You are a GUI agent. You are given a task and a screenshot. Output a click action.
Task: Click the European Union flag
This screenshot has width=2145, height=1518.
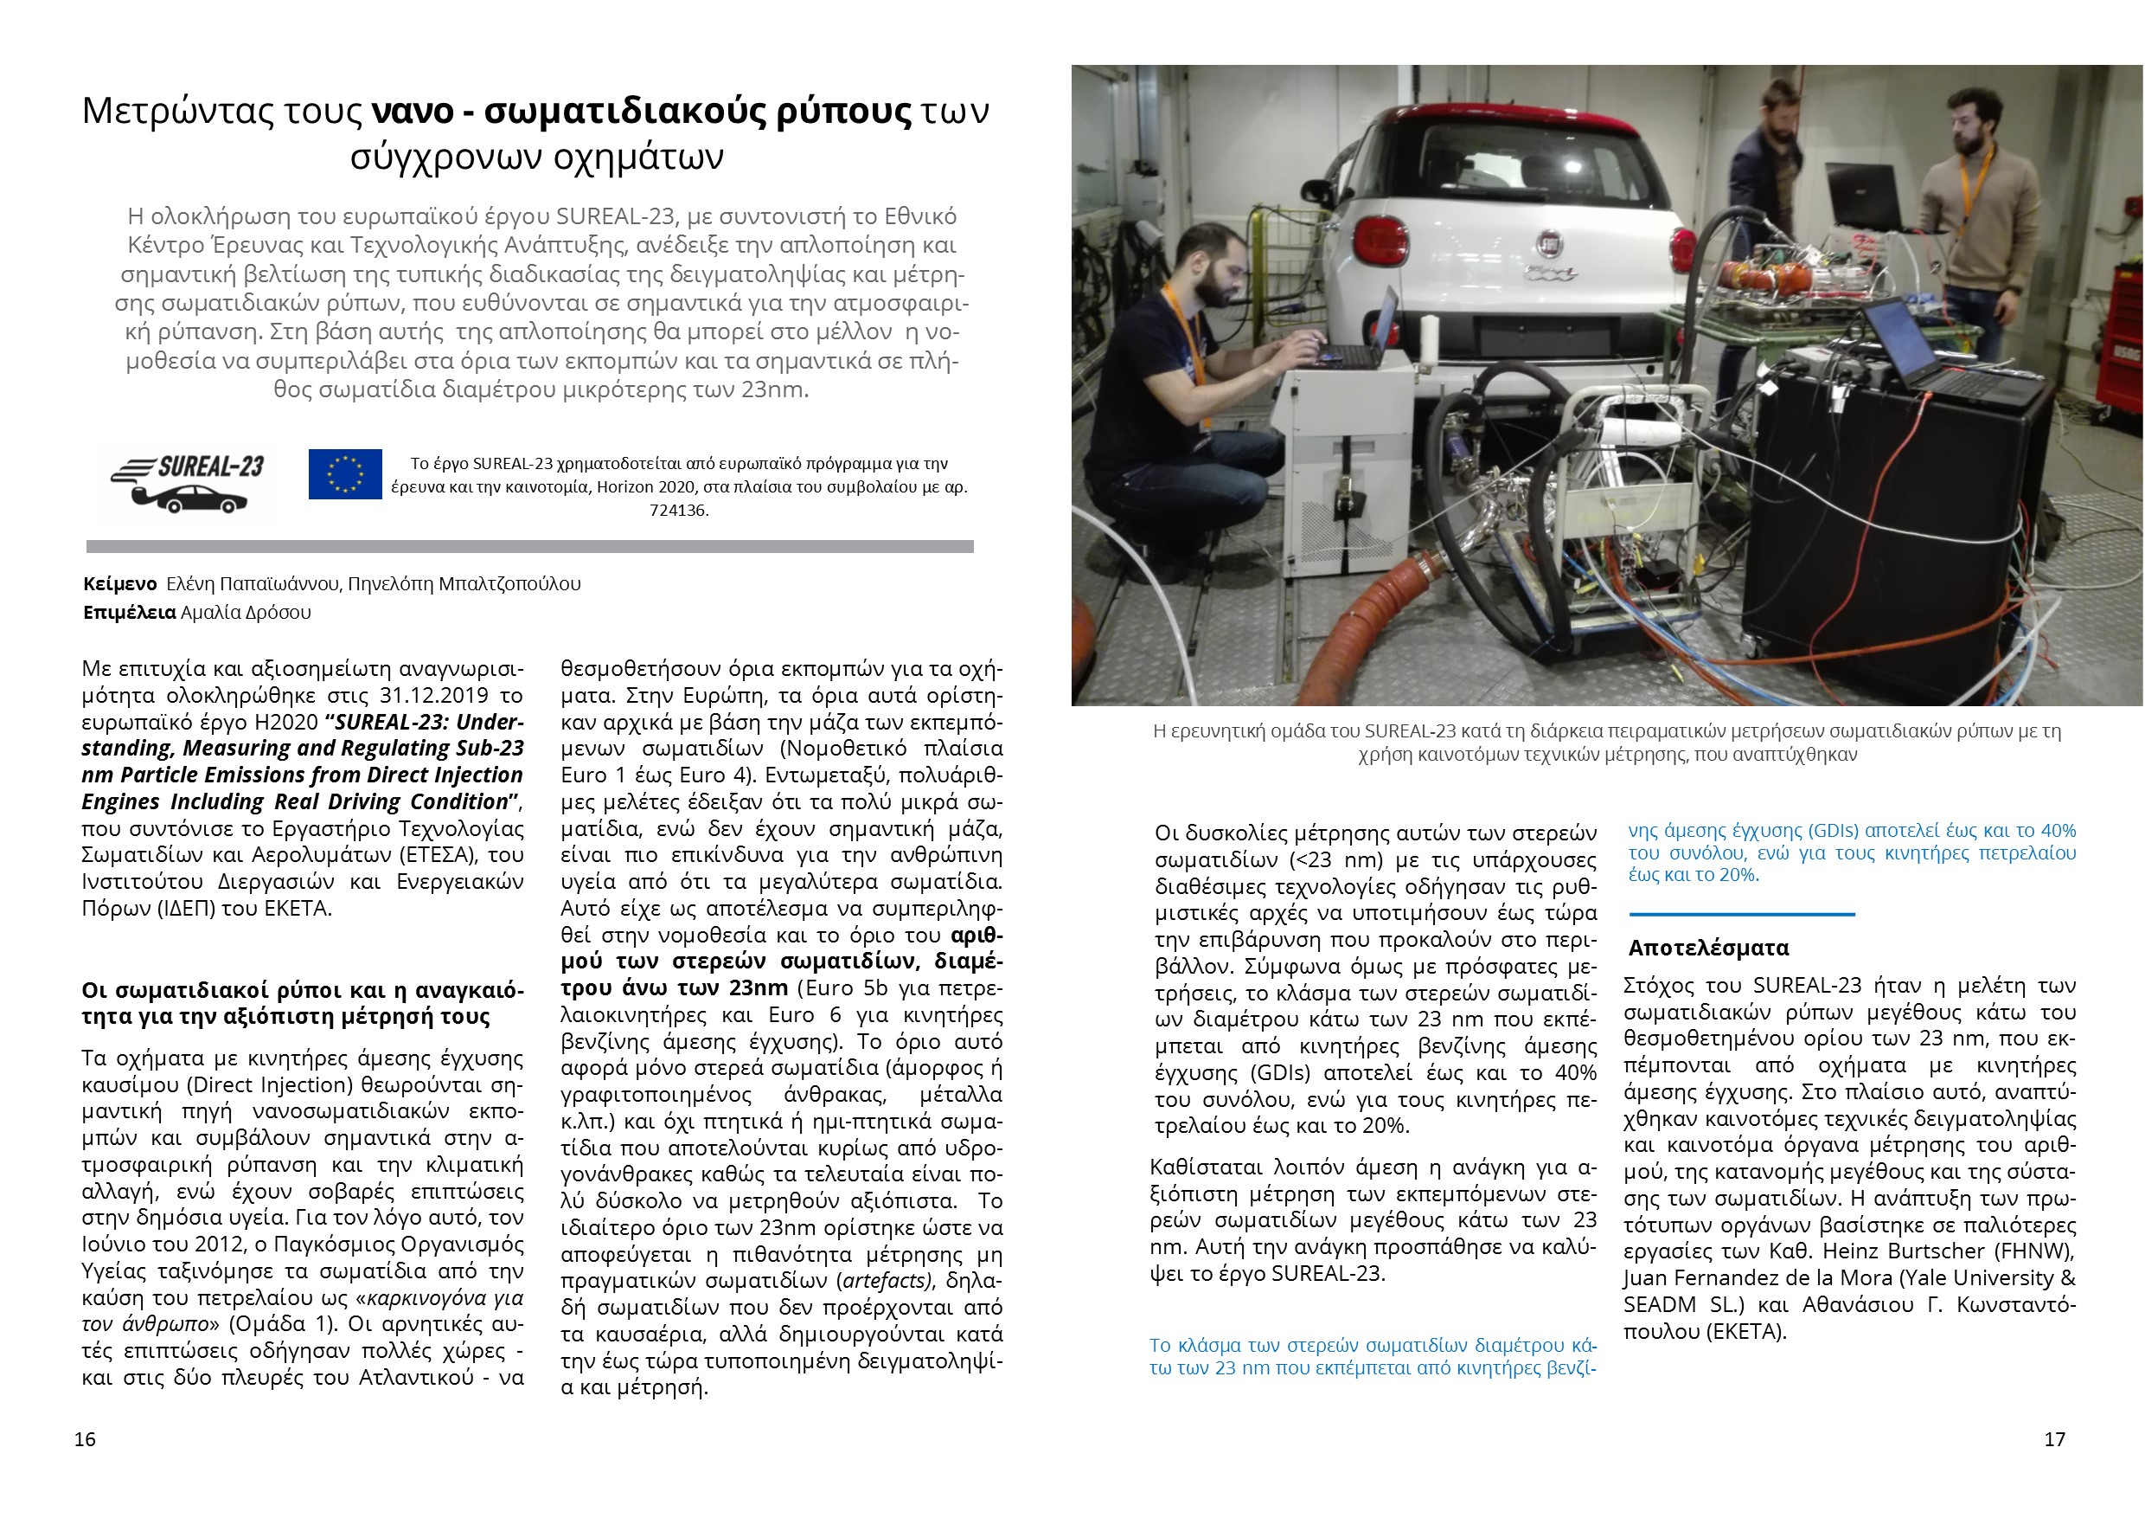[x=345, y=474]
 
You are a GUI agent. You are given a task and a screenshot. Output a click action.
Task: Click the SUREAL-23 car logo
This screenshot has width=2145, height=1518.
[x=188, y=484]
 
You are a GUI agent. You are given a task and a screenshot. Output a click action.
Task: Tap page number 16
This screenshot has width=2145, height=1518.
[x=85, y=1438]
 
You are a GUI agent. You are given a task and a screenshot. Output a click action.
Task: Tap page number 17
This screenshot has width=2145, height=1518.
[x=2054, y=1438]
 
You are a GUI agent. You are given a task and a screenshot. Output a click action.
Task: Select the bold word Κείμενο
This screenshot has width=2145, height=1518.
[x=119, y=584]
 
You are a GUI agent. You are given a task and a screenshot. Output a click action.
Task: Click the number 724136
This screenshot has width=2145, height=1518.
[x=679, y=511]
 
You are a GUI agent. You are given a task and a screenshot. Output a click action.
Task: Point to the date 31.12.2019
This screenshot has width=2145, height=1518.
[x=434, y=696]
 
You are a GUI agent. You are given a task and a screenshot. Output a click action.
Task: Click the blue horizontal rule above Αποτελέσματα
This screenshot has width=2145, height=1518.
[x=1741, y=914]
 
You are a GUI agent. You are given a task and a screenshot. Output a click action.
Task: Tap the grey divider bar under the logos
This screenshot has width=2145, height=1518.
[x=529, y=547]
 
